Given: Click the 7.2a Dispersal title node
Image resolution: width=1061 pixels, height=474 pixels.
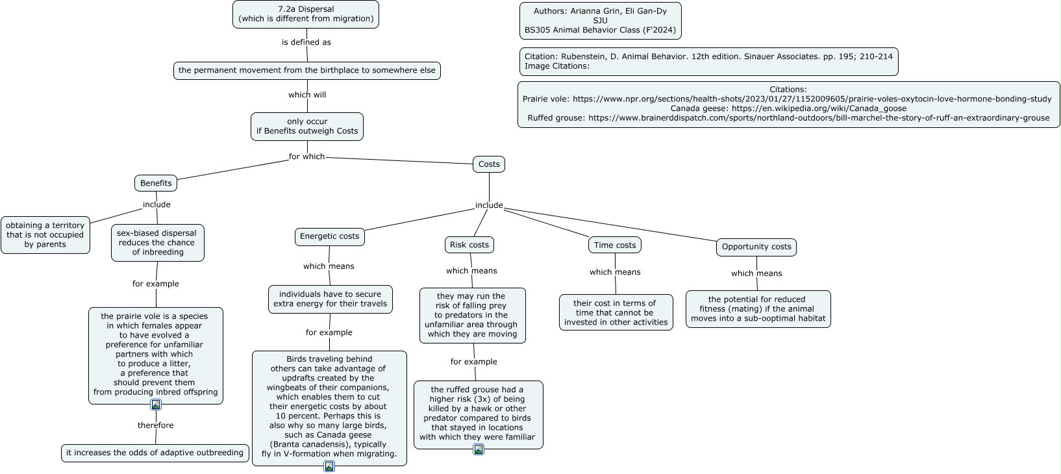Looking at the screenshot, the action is pyautogui.click(x=306, y=14).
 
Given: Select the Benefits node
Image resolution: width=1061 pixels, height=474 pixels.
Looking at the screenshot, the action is pyautogui.click(x=156, y=183).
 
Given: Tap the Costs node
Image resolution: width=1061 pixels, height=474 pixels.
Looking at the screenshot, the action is pyautogui.click(x=489, y=164).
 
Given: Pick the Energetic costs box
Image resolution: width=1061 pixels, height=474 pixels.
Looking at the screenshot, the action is pyautogui.click(x=330, y=236).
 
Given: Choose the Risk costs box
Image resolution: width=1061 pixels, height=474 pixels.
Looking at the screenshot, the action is pyautogui.click(x=469, y=245).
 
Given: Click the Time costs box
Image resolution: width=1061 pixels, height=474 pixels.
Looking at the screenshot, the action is pyautogui.click(x=615, y=245).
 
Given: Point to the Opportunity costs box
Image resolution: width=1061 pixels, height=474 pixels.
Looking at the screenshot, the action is pyautogui.click(x=756, y=247).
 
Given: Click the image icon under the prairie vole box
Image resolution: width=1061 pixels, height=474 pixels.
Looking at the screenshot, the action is pyautogui.click(x=156, y=405).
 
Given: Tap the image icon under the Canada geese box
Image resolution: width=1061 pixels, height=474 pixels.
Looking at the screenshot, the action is pyautogui.click(x=329, y=466).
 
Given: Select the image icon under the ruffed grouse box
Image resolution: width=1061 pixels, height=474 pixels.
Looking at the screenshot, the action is pyautogui.click(x=479, y=449).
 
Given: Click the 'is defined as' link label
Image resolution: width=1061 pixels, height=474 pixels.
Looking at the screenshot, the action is pyautogui.click(x=306, y=42).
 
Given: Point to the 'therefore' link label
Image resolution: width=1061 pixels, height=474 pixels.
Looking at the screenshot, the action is pyautogui.click(x=156, y=425).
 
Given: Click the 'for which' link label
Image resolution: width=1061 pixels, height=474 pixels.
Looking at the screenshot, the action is pyautogui.click(x=307, y=156).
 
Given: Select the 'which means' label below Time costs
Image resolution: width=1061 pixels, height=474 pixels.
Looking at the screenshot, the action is pyautogui.click(x=615, y=272).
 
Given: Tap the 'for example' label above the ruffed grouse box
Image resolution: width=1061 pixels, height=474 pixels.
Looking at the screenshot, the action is pyautogui.click(x=473, y=362).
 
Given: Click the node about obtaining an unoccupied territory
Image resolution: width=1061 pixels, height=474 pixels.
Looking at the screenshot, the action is pyautogui.click(x=45, y=235).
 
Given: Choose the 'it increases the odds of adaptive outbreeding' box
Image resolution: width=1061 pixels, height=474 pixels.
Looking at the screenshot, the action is pyautogui.click(x=155, y=453).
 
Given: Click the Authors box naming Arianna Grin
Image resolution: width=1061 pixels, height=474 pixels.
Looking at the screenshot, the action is pyautogui.click(x=600, y=20).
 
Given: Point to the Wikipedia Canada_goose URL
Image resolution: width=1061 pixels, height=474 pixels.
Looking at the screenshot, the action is pyautogui.click(x=819, y=108).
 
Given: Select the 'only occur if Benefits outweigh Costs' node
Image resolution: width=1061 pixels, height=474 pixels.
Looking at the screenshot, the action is pyautogui.click(x=307, y=127).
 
